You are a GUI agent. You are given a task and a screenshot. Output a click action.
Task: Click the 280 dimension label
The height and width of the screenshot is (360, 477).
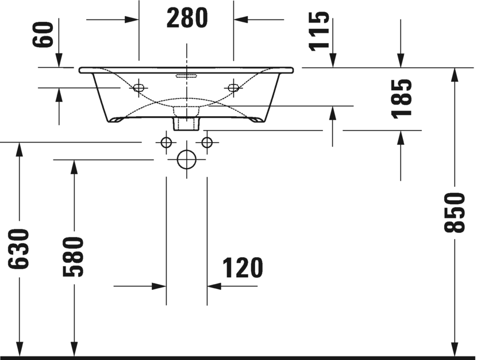187,18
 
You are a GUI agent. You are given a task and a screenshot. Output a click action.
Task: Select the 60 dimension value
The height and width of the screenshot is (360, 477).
43,34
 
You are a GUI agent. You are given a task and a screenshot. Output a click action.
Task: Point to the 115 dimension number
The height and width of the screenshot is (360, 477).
319,31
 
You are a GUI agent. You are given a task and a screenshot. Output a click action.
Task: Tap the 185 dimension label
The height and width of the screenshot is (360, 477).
402,98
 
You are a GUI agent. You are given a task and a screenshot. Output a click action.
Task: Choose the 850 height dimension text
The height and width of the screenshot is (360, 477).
455,212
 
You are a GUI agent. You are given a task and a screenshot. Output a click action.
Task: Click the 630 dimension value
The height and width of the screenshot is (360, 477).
18,249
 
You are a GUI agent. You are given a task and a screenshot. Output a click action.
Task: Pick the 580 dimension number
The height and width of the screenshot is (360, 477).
73,257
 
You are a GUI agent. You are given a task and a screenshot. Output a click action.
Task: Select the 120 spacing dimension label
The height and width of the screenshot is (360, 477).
243,268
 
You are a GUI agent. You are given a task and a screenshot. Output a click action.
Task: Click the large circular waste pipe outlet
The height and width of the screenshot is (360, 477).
186,159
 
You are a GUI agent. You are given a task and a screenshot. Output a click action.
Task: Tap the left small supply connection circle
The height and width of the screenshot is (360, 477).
167,142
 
